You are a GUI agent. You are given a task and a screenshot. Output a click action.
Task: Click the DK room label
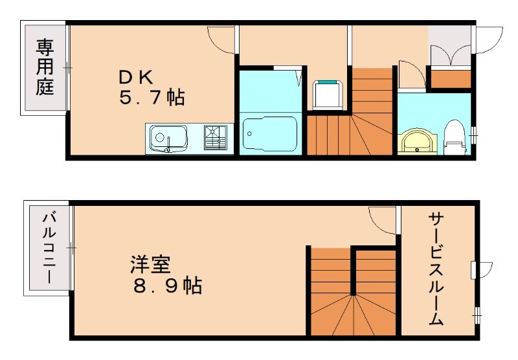click(135, 77)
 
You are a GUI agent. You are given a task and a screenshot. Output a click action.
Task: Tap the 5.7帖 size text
click(151, 99)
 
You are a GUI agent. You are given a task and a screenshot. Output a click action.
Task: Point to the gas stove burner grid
click(216, 137)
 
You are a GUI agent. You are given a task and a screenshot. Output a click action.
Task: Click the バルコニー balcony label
click(49, 248)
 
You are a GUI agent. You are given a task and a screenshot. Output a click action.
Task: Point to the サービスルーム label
click(435, 269)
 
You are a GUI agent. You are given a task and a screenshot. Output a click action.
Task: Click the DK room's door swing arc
click(220, 39)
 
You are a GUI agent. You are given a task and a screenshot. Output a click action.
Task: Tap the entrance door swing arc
click(490, 39)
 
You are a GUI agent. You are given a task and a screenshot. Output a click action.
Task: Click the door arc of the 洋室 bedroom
click(382, 220)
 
